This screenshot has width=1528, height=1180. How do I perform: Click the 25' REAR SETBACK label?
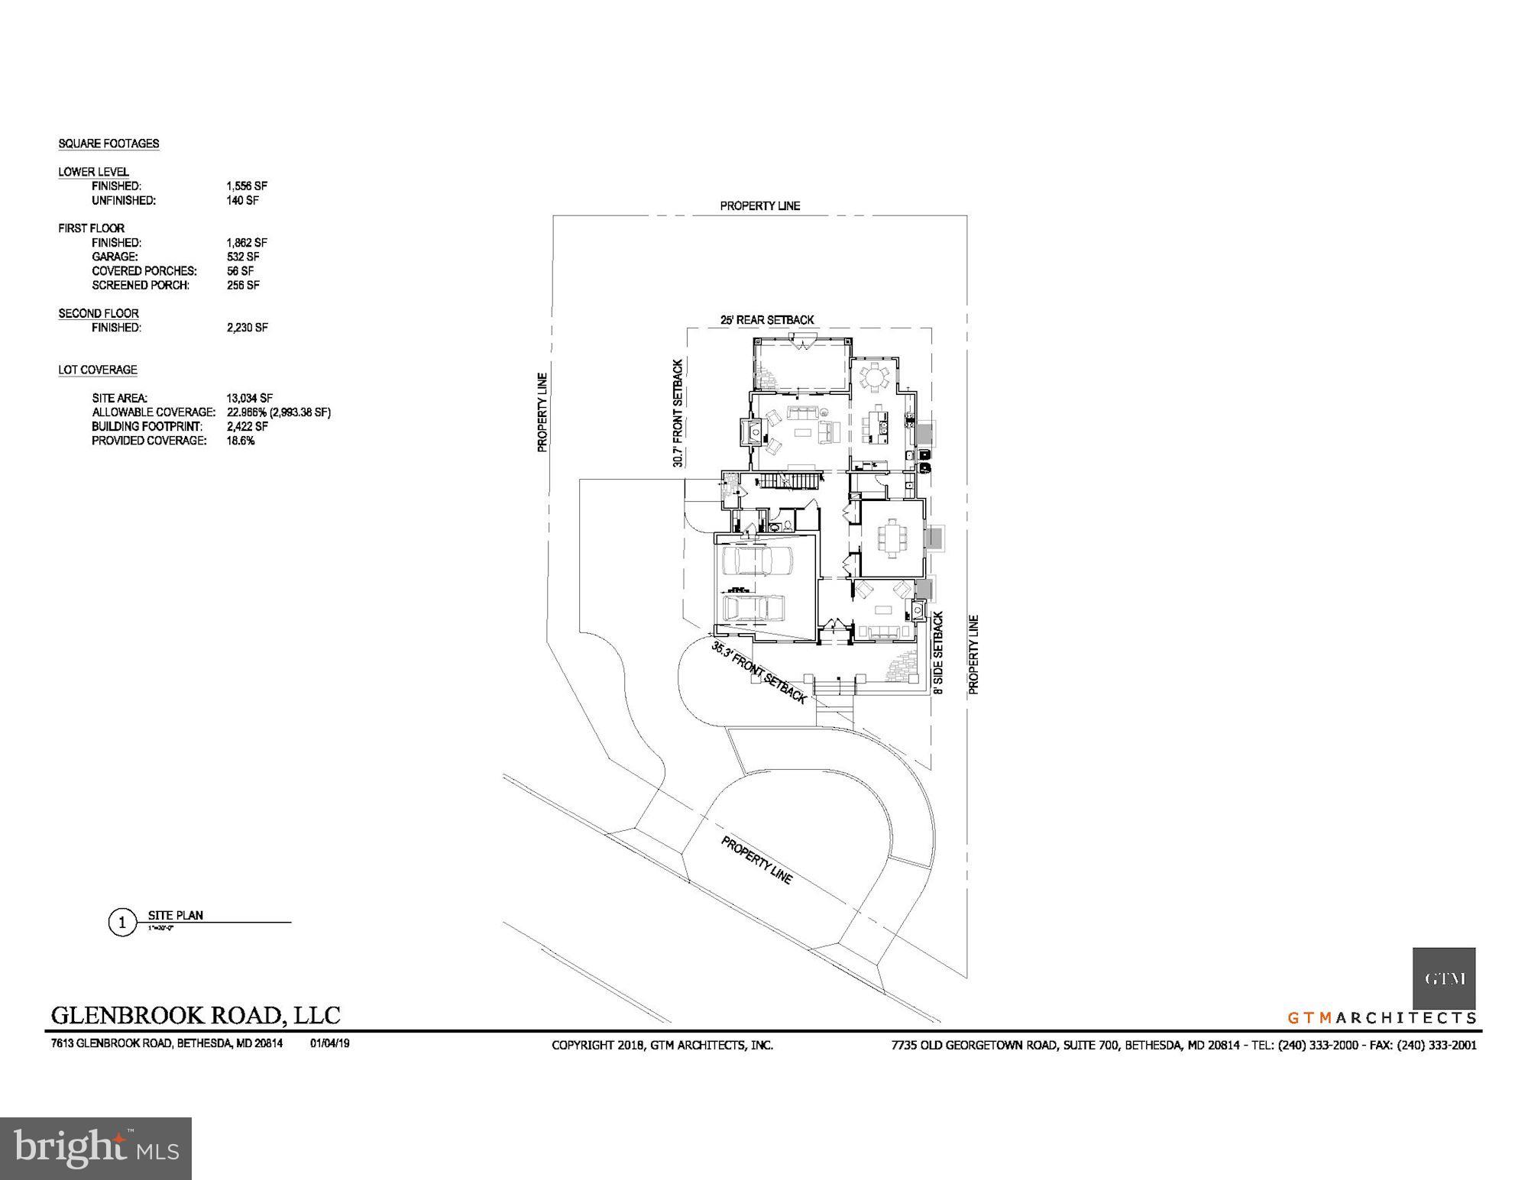click(767, 320)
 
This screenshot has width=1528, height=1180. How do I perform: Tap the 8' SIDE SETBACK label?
click(938, 652)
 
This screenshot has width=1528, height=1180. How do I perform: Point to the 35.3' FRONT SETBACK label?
click(759, 673)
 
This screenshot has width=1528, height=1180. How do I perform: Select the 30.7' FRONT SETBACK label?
click(678, 413)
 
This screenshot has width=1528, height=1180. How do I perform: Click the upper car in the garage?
click(756, 561)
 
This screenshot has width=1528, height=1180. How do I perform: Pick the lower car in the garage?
click(755, 609)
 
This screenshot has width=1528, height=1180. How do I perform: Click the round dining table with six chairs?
click(872, 377)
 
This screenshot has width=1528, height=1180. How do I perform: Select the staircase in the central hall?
click(789, 481)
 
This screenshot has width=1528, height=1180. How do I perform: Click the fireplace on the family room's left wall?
click(750, 433)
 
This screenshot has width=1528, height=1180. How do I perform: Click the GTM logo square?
click(1443, 978)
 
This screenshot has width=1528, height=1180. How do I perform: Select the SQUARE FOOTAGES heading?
click(108, 144)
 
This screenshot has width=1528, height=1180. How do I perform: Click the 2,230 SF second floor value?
click(247, 328)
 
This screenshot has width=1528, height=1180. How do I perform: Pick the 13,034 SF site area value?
click(249, 398)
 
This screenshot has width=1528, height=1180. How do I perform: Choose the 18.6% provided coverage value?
click(240, 441)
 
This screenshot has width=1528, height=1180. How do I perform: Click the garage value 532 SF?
click(242, 257)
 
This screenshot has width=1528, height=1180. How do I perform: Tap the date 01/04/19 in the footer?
click(330, 1043)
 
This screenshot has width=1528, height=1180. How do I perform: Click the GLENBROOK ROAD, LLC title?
click(196, 1015)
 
